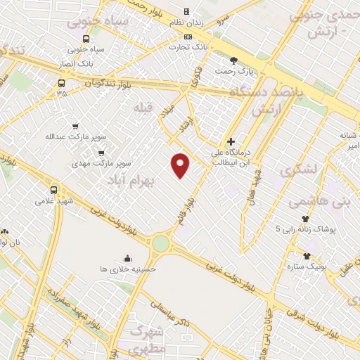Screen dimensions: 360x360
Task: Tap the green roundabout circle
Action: [161, 244]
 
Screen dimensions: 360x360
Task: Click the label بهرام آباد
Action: [130, 181]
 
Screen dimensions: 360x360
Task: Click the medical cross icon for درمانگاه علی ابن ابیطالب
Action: [231, 141]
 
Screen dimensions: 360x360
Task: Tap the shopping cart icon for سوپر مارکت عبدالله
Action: [75, 125]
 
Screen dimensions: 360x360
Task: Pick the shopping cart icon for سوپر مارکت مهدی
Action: [102, 153]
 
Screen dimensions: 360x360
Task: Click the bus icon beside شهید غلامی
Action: [54, 189]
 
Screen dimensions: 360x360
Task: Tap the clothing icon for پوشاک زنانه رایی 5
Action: [305, 219]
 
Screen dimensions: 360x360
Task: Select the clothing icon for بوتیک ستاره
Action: [307, 255]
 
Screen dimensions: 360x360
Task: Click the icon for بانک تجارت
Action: [186, 36]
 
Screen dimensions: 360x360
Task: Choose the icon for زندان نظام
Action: [186, 12]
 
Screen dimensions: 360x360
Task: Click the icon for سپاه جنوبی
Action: [86, 39]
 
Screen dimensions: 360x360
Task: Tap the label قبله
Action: [143, 107]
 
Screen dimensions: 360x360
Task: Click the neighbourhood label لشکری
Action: [298, 171]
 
